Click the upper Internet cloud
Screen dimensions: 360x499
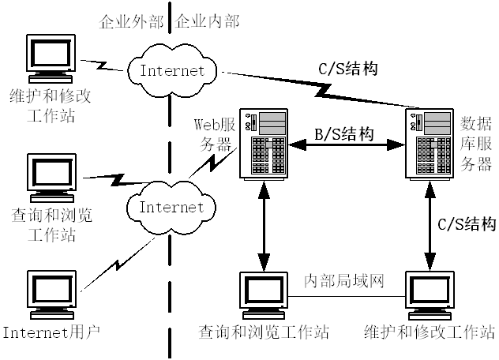pos(171,69)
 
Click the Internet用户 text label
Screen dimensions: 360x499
pos(51,331)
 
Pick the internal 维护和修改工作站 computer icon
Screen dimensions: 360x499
pos(430,294)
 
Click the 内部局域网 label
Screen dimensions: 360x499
pos(344,282)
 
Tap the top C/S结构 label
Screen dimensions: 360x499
pos(348,68)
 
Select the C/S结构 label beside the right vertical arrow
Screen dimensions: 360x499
pos(467,223)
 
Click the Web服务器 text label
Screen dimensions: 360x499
pos(213,133)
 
